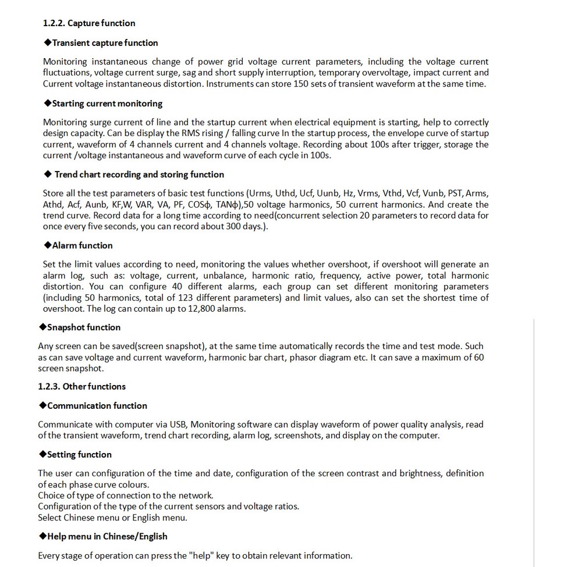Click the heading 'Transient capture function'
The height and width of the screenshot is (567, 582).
point(105,43)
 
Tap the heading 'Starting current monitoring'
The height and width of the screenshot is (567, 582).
point(107,104)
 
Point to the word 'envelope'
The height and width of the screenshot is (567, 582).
point(390,134)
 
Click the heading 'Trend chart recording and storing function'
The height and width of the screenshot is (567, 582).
point(139,174)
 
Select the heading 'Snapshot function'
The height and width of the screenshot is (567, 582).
point(84,327)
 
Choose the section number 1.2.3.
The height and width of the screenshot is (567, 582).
point(49,387)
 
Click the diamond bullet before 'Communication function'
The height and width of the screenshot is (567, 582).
point(42,406)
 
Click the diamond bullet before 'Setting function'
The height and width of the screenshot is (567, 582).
point(42,455)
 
